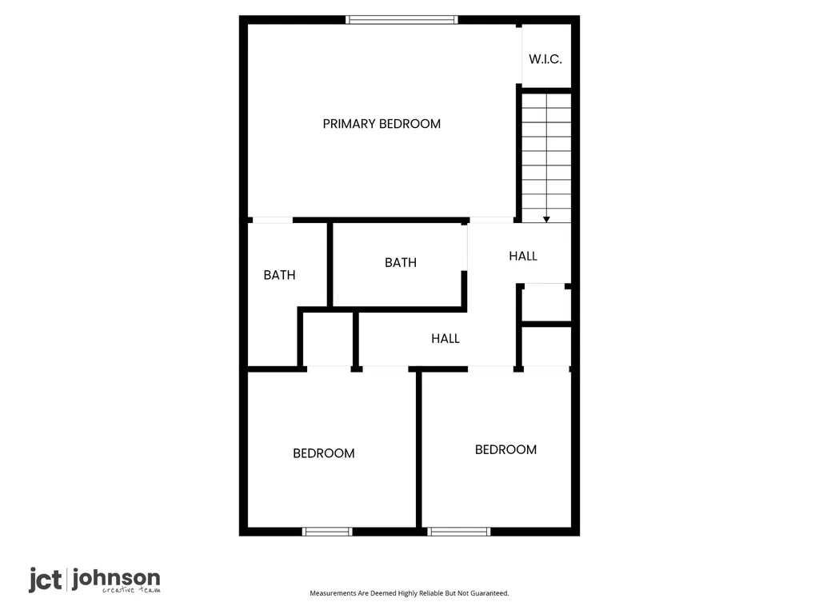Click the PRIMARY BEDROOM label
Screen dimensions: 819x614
(x=382, y=124)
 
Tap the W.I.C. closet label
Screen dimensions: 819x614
(x=545, y=59)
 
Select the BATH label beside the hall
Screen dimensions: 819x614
(x=401, y=262)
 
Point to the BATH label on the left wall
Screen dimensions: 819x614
(x=279, y=275)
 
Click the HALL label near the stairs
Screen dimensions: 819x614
(x=523, y=256)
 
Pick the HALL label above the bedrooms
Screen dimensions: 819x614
(x=445, y=338)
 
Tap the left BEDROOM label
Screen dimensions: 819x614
(x=324, y=453)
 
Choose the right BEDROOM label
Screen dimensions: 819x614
(x=505, y=449)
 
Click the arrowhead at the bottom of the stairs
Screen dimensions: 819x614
(x=546, y=219)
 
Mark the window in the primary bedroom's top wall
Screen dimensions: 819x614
(x=402, y=20)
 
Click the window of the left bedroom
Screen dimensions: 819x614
(x=327, y=532)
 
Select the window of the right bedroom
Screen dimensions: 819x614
(x=459, y=532)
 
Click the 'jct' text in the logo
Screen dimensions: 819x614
(x=45, y=580)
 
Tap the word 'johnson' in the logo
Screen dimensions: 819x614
(x=116, y=578)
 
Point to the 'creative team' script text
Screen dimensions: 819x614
(x=131, y=590)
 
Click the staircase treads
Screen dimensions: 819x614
(x=546, y=157)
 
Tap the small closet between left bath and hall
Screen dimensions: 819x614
(x=327, y=339)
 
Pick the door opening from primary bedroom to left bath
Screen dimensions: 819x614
(x=273, y=221)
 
